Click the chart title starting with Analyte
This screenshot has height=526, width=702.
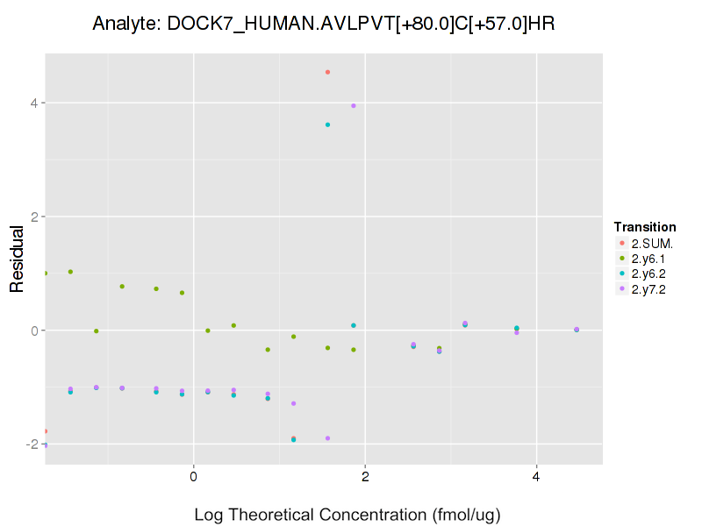coord(324,24)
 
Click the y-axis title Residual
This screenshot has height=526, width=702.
coord(16,259)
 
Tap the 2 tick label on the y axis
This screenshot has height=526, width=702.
coord(32,217)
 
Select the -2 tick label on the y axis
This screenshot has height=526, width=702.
coord(30,444)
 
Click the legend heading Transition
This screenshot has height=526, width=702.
coord(645,226)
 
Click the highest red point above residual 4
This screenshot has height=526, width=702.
coord(327,72)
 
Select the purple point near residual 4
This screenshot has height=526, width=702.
coord(354,106)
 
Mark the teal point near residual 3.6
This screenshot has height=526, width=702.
coord(327,124)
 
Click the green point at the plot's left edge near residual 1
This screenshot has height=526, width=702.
coord(45,274)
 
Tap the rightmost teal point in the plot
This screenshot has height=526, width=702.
coord(577,330)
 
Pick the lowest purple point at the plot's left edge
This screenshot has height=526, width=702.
coord(45,445)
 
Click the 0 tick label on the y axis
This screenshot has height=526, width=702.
coord(32,331)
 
